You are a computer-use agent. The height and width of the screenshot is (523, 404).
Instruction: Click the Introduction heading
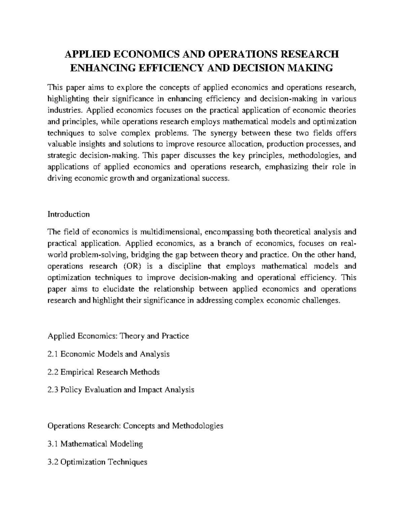pos(69,214)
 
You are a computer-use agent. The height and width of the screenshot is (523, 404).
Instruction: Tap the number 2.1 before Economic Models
pos(53,354)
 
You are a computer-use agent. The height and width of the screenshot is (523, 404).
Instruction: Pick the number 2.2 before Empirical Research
pos(53,372)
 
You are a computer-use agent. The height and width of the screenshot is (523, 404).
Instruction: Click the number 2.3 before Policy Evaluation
pos(53,390)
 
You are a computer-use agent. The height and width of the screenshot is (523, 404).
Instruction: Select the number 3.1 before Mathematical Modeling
pos(53,444)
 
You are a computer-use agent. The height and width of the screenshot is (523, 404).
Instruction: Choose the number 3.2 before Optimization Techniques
pos(53,462)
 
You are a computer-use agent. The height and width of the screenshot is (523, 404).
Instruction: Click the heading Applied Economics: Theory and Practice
pos(119,336)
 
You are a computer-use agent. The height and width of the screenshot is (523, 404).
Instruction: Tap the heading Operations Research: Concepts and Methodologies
pos(135,426)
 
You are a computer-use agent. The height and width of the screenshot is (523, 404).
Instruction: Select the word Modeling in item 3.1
pos(129,444)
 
